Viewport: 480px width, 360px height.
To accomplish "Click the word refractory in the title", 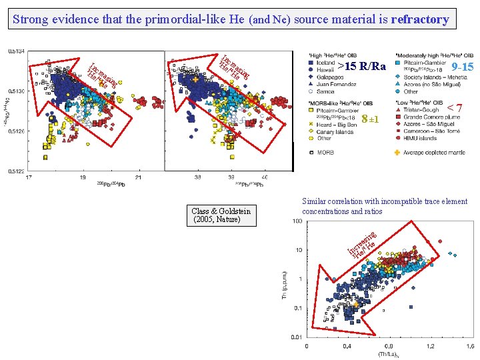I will coord(420,19).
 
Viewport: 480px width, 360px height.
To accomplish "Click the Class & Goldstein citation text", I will coord(221,215).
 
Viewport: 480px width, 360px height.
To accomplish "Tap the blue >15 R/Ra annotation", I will coord(361,67).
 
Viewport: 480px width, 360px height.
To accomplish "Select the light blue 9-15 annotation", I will coord(462,67).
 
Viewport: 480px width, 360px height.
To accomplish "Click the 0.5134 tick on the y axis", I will coord(17,51).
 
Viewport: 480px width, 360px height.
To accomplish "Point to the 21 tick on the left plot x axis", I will coord(138,178).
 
